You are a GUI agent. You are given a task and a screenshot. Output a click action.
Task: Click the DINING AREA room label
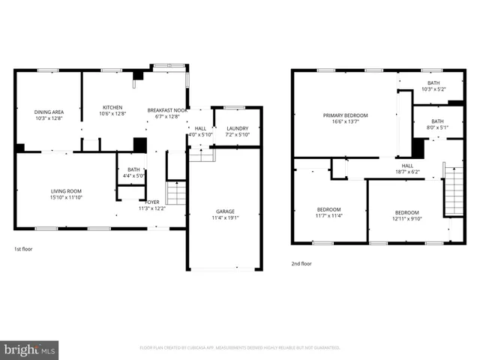tap(48, 111)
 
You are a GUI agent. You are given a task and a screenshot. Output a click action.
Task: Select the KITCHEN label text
tap(112, 107)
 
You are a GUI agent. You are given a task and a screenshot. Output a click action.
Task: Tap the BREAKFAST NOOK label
tap(167, 110)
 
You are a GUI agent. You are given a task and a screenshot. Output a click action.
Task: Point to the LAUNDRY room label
tap(237, 128)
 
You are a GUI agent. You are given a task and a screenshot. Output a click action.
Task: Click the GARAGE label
tap(225, 211)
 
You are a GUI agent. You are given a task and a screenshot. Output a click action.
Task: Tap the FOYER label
tap(152, 201)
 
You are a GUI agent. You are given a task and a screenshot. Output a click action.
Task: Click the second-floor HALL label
tap(407, 166)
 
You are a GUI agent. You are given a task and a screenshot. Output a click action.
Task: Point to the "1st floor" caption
tap(23, 248)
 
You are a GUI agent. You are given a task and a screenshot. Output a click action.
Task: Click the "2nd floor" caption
tap(301, 263)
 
